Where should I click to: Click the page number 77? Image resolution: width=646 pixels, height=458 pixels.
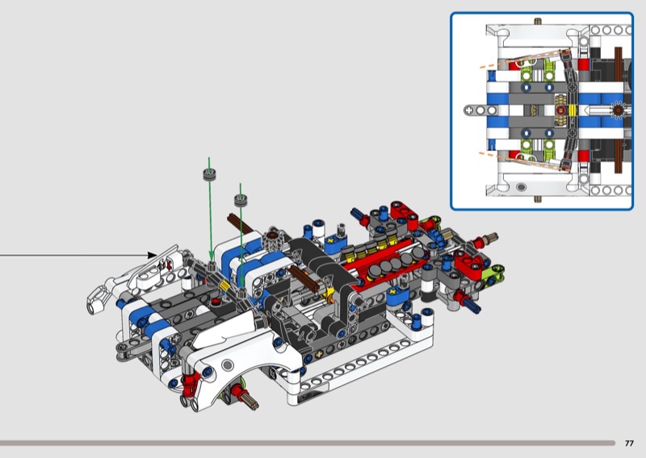point(629,443)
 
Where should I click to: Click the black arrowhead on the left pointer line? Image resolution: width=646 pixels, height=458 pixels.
point(152,256)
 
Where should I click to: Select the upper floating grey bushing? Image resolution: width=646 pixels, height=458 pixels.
point(209,174)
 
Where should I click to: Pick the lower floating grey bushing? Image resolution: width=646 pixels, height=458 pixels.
point(241,201)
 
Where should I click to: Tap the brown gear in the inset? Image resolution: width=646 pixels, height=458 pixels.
point(618,110)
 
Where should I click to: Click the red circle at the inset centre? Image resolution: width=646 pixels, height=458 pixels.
point(560,110)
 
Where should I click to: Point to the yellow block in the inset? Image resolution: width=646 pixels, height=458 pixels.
point(573,110)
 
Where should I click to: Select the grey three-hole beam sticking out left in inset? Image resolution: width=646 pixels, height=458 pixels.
point(480,110)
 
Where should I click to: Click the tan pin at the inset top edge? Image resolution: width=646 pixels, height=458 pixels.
point(538,22)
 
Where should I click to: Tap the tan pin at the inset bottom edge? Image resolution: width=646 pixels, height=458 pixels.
point(538,199)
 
